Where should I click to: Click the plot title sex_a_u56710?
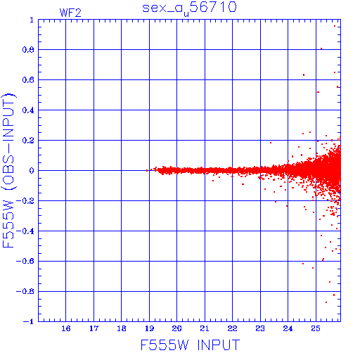coord(189,8)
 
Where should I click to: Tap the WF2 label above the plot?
coord(70,13)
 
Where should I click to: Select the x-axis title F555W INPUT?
coord(190,345)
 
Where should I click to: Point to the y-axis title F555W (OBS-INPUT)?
coord(8,170)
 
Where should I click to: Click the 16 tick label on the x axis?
coord(66,328)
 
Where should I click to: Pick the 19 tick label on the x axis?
coord(149,328)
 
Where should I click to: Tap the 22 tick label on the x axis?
coord(232,328)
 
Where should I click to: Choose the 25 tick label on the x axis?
coord(316,328)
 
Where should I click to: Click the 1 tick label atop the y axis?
coord(32,20)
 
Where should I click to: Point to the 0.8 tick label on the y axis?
coord(28,50)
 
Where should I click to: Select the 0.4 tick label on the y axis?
coord(28,110)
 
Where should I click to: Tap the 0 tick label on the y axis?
coord(32,171)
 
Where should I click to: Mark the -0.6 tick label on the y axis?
coord(25,261)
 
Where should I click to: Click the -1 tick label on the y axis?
coord(29,321)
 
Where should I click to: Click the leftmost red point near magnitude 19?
coord(147,171)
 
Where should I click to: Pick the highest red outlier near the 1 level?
coord(335,26)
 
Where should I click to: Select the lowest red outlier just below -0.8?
coord(326,302)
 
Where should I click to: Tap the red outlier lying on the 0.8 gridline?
coord(321,49)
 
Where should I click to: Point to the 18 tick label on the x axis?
coord(122,328)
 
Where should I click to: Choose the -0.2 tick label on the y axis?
coord(25,201)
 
